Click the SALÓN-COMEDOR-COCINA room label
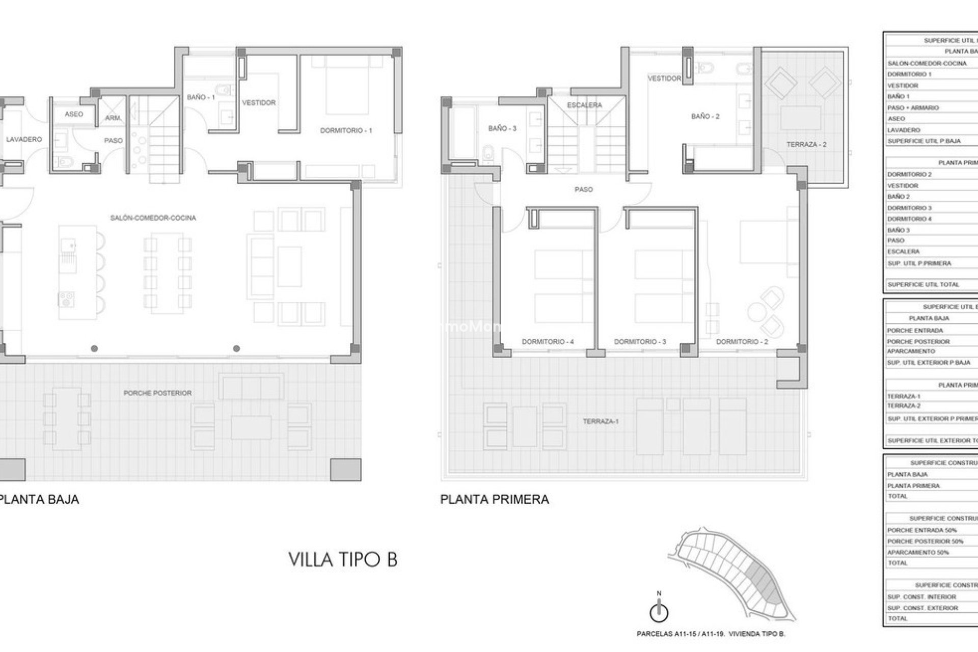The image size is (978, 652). [153, 218]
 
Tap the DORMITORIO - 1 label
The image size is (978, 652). [346, 130]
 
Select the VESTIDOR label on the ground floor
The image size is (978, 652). [259, 103]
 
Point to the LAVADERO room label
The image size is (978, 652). [24, 140]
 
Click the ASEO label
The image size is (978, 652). [74, 114]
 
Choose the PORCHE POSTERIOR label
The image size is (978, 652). [157, 393]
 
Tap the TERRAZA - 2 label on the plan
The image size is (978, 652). [806, 145]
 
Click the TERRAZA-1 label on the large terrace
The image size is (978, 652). [601, 422]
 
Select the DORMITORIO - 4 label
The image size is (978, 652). [548, 342]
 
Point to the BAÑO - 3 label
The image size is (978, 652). [502, 128]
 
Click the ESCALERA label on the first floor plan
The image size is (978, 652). [584, 105]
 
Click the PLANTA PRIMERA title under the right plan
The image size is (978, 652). [494, 499]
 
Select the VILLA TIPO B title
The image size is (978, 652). [343, 559]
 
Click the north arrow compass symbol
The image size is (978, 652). [659, 610]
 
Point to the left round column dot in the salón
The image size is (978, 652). [95, 349]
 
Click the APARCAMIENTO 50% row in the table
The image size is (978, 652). [918, 552]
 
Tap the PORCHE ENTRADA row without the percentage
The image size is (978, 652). [915, 331]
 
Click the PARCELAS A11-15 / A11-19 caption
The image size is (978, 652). [711, 634]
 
